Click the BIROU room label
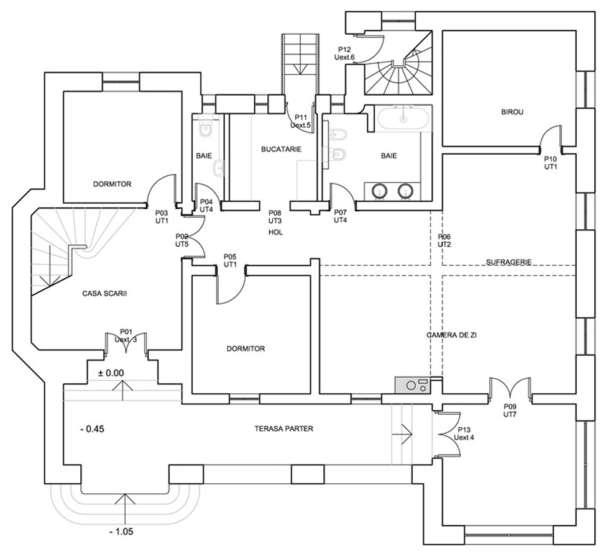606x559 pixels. pyautogui.click(x=513, y=112)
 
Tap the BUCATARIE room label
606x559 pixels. pyautogui.click(x=281, y=149)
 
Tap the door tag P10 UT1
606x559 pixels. pyautogui.click(x=551, y=163)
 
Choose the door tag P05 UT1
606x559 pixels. pyautogui.click(x=230, y=261)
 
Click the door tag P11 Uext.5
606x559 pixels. pyautogui.click(x=301, y=121)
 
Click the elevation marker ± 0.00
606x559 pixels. pyautogui.click(x=111, y=373)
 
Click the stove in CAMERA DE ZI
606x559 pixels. pyautogui.click(x=411, y=384)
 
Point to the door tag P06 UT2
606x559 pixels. pyautogui.click(x=444, y=240)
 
